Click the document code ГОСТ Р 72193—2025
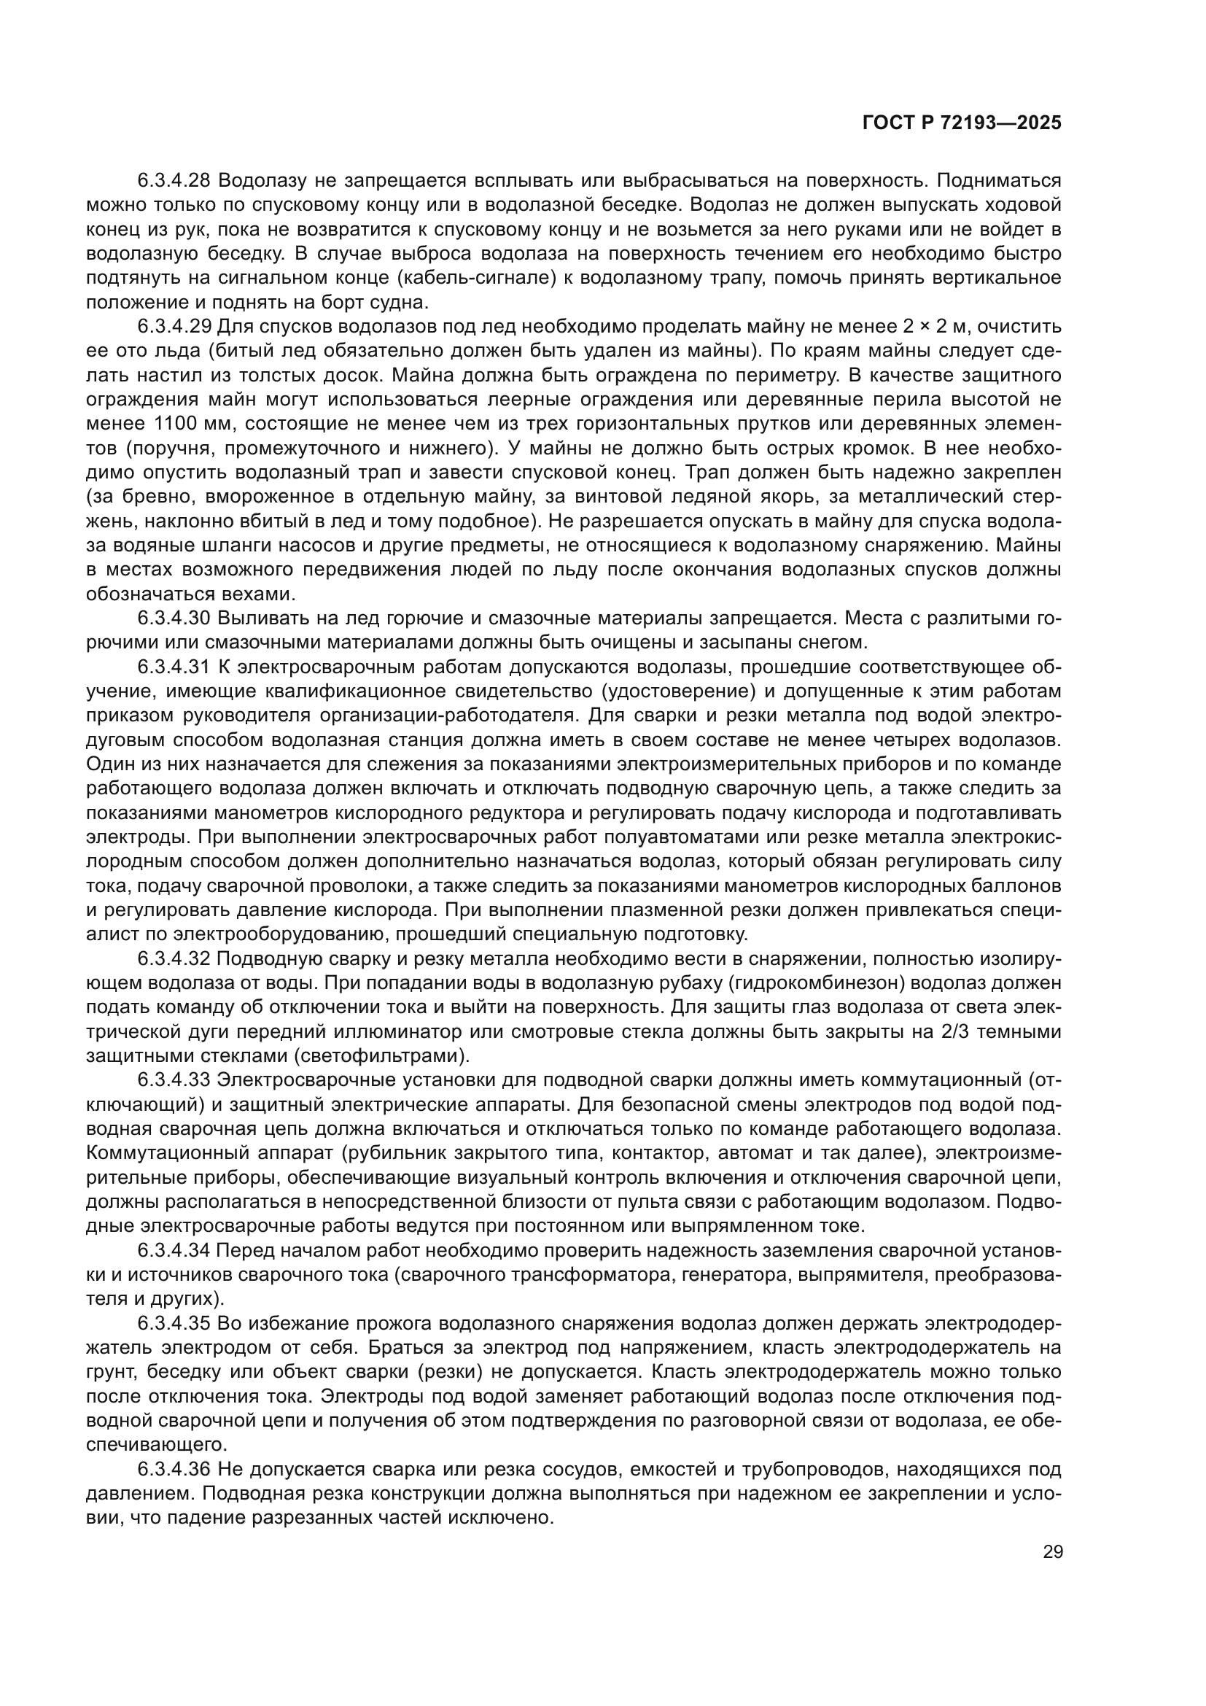tap(962, 123)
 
